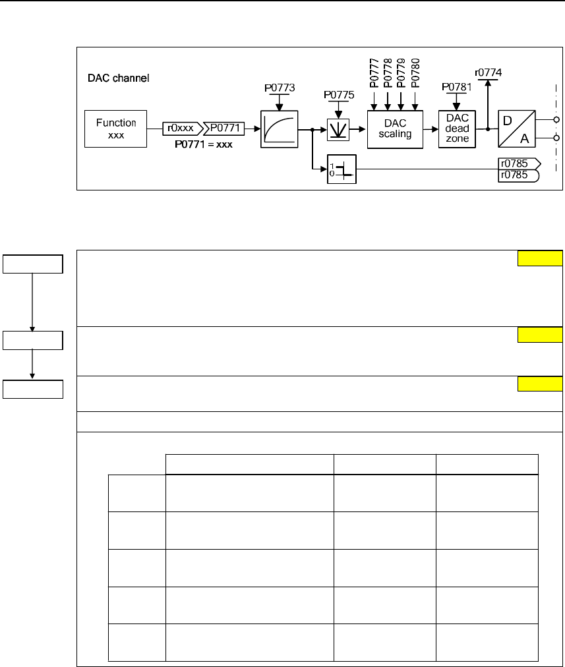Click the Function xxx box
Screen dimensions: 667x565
(117, 129)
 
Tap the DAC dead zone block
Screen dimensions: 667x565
(456, 129)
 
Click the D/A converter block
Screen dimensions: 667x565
(517, 129)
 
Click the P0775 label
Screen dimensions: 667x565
(339, 95)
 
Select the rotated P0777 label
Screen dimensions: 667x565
(373, 72)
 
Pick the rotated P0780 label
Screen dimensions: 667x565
(415, 72)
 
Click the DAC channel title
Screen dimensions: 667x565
(119, 78)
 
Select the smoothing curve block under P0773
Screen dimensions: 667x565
(279, 129)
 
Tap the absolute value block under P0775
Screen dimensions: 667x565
(339, 130)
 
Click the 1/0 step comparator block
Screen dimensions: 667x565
(342, 170)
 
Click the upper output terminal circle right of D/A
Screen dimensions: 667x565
(557, 120)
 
